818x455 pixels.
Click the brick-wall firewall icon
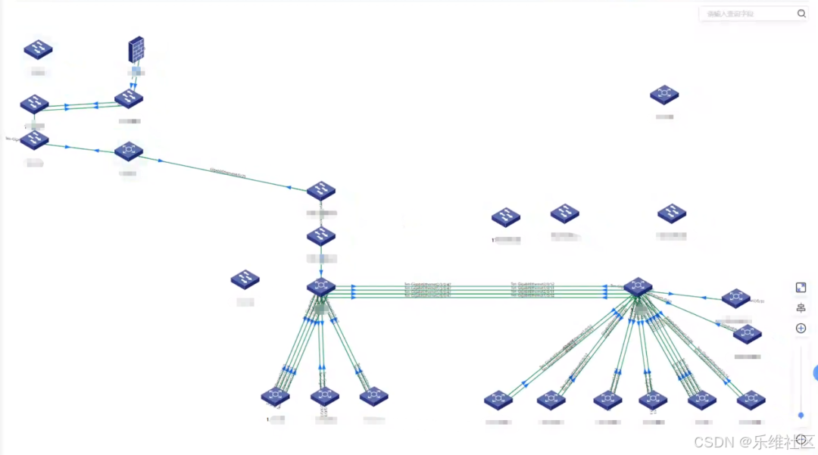tap(136, 50)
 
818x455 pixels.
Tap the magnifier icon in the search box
tap(801, 14)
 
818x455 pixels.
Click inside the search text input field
tap(746, 14)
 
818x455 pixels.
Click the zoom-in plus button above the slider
tap(801, 329)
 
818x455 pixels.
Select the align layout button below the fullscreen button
tap(801, 308)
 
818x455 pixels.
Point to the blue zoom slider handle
tap(801, 415)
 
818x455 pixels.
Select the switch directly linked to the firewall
tap(129, 98)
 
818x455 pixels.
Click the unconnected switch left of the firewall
tap(38, 49)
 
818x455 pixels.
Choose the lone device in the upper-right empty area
tap(664, 95)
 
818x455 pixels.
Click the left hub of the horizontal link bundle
tap(321, 287)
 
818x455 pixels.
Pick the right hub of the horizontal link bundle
tap(638, 286)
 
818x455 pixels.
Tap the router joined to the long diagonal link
tap(128, 151)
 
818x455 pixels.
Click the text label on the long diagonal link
tap(227, 173)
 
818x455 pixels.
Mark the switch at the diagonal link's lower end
tap(321, 191)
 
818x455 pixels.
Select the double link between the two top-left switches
tap(82, 106)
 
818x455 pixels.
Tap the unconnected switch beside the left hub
tap(245, 279)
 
